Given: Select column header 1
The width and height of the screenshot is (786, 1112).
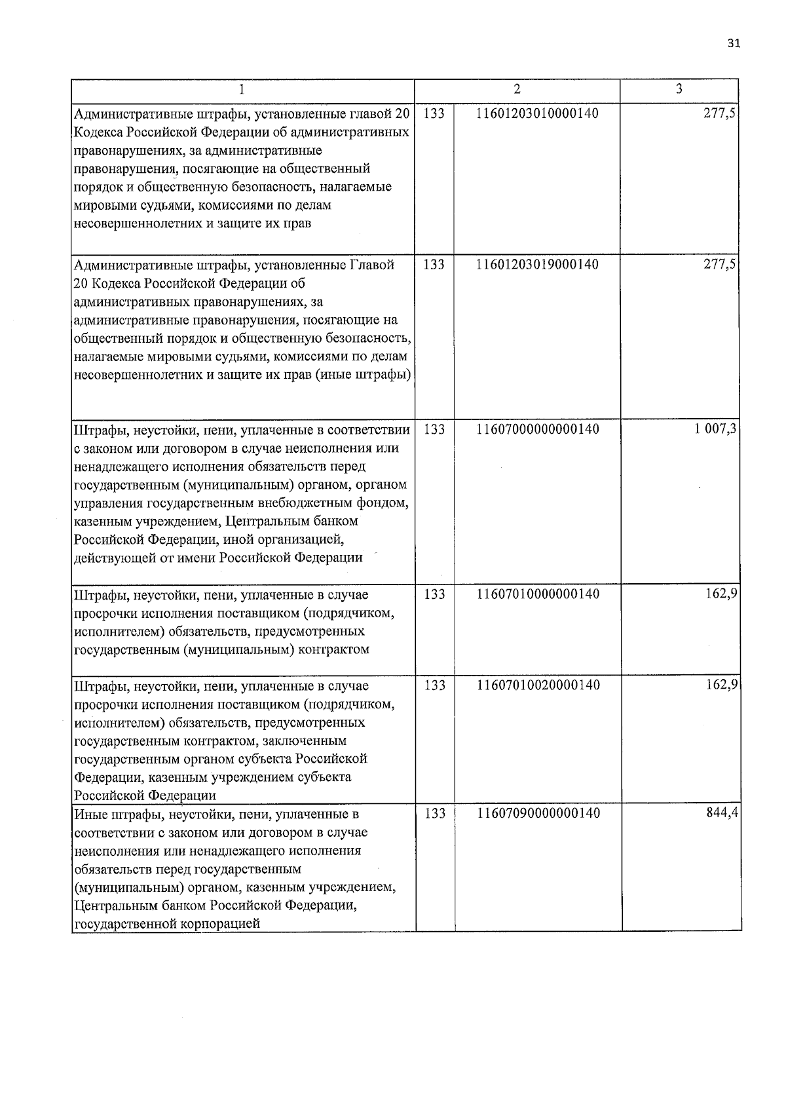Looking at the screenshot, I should [243, 90].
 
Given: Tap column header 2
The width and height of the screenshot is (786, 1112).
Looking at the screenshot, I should [517, 90].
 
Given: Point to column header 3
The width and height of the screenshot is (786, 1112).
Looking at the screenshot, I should [679, 90].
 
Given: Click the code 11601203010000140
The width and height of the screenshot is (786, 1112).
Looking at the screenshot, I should [537, 113].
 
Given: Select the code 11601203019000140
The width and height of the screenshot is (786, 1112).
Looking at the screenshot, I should [537, 265].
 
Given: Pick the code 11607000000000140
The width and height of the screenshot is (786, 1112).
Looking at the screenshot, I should [537, 430].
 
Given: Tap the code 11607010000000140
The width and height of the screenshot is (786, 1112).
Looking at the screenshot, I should [537, 594].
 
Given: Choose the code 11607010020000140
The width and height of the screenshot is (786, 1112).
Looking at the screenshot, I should [537, 685].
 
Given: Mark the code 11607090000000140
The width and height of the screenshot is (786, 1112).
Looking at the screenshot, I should [537, 814].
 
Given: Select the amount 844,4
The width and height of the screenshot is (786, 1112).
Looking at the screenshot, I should [723, 814].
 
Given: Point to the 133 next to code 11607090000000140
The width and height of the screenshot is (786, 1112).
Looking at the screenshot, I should [434, 814].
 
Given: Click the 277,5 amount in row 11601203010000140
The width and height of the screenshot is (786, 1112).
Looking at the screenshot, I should [723, 113].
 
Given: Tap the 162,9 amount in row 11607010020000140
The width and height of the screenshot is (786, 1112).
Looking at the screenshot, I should [723, 685].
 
